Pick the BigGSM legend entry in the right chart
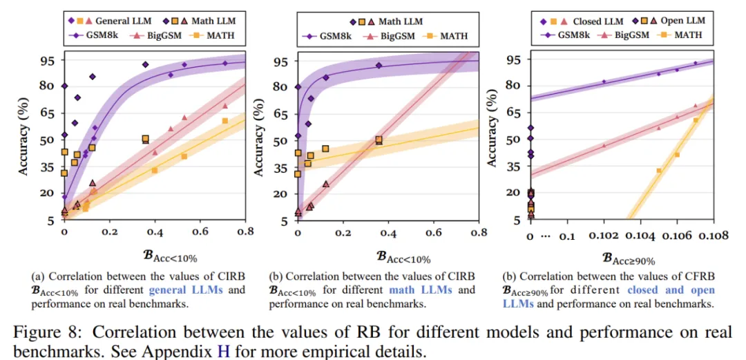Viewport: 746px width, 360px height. click(x=629, y=35)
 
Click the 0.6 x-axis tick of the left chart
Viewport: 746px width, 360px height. click(x=200, y=234)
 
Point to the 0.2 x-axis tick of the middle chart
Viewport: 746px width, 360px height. click(x=343, y=234)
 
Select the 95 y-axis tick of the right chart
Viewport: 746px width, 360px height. click(x=512, y=59)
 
